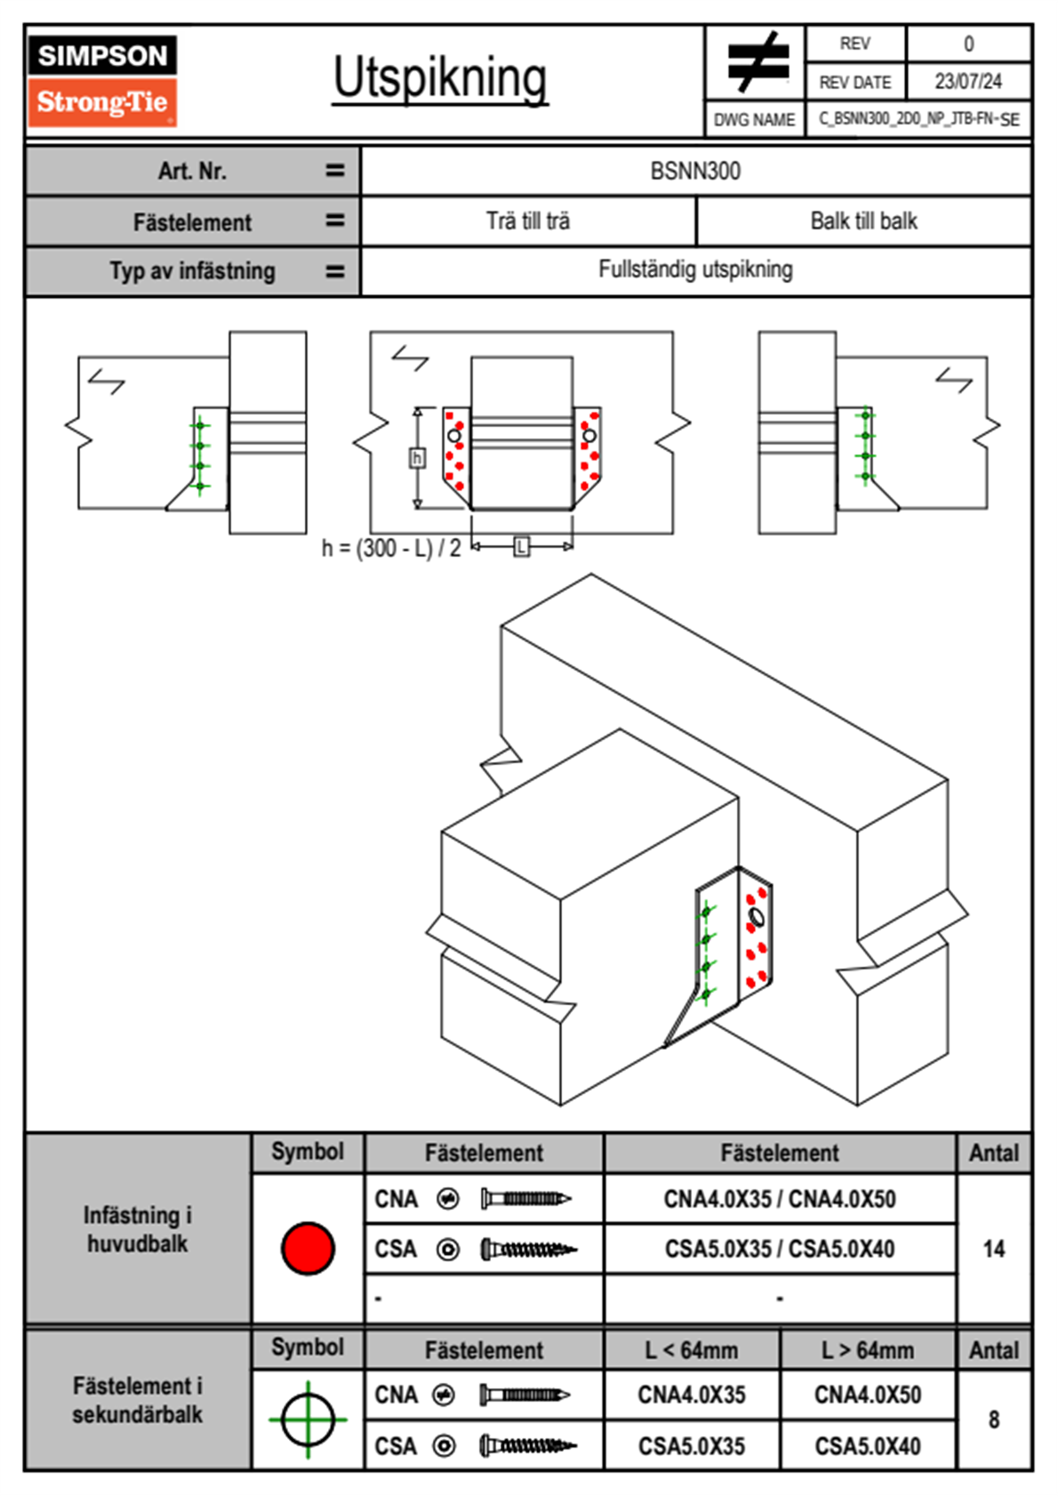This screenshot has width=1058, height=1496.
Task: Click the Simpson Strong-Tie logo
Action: (x=102, y=80)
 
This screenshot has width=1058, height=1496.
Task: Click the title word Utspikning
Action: (x=440, y=79)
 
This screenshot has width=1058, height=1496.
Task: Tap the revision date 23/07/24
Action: (x=967, y=82)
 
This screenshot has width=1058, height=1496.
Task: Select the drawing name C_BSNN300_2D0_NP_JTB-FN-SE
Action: (x=918, y=119)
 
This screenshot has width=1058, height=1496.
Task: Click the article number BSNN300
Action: (x=695, y=172)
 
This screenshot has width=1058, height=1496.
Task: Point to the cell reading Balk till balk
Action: (x=863, y=221)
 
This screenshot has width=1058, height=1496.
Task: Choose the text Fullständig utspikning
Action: (x=695, y=269)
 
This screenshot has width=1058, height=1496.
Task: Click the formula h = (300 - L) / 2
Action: (x=391, y=548)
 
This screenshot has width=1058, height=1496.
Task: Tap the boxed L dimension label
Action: (x=522, y=546)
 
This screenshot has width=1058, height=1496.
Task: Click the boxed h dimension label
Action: (x=417, y=458)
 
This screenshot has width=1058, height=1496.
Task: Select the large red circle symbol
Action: (x=308, y=1248)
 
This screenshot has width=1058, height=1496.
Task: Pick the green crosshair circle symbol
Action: (x=308, y=1420)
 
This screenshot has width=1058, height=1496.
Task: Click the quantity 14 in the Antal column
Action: (x=993, y=1249)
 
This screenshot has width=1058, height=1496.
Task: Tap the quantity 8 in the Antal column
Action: (x=993, y=1420)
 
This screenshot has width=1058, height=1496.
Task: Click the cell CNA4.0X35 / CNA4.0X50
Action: (x=780, y=1199)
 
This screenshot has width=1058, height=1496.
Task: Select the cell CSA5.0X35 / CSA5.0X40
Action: (x=780, y=1249)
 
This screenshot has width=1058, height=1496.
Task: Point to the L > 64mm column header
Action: (x=867, y=1350)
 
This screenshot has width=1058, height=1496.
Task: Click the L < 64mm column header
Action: (x=692, y=1350)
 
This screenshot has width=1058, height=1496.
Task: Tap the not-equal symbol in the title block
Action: (x=756, y=62)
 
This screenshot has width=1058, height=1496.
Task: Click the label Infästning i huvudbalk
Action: (x=138, y=1229)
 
